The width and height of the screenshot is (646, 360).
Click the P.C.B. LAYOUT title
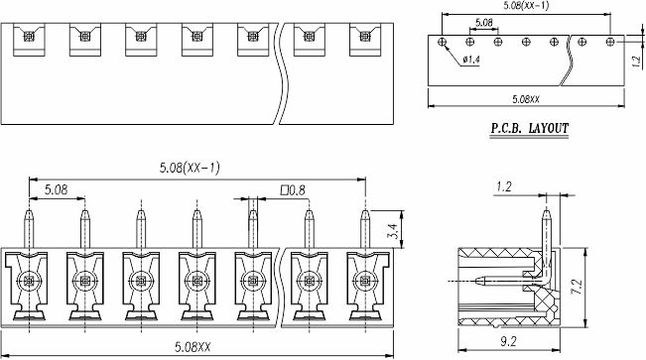pyautogui.click(x=530, y=129)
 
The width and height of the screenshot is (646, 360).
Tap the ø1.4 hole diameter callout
pyautogui.click(x=471, y=60)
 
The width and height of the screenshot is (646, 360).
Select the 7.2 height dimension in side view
pyautogui.click(x=578, y=287)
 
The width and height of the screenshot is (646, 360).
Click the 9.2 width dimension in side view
pyautogui.click(x=508, y=341)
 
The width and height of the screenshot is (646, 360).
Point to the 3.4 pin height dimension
pyautogui.click(x=393, y=231)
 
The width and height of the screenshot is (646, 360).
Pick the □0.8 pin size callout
pyautogui.click(x=293, y=190)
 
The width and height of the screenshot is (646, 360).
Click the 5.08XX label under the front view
pyautogui.click(x=193, y=347)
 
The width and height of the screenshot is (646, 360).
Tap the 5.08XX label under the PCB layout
pyautogui.click(x=526, y=99)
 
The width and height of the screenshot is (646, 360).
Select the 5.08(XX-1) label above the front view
pyautogui.click(x=190, y=168)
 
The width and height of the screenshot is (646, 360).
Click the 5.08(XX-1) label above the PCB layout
pyautogui.click(x=526, y=6)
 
